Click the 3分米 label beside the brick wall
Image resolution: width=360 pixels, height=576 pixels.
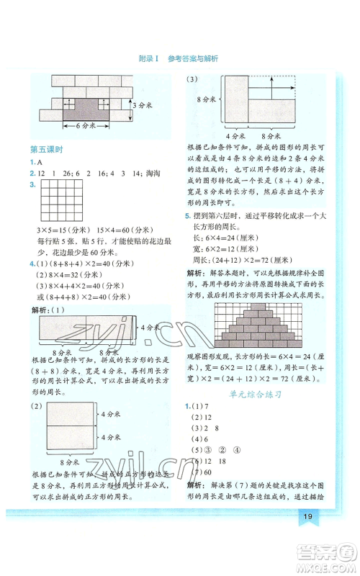(142, 105)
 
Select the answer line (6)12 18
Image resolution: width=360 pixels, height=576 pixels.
(209, 459)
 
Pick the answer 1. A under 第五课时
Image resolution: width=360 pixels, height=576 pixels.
(35, 162)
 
